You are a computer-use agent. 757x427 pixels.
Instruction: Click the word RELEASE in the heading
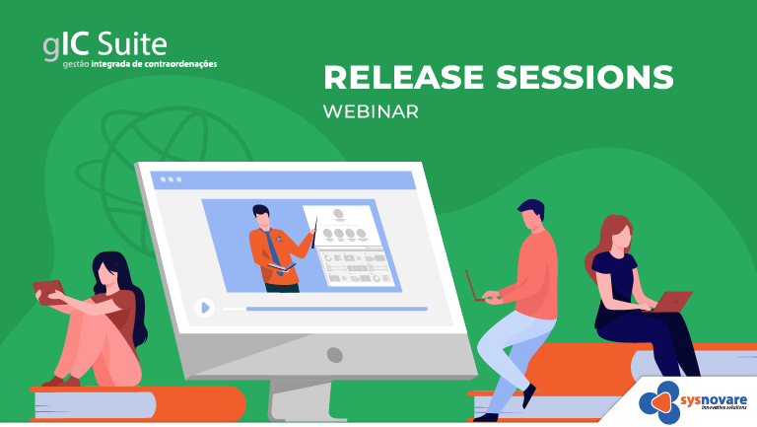[x=403, y=77]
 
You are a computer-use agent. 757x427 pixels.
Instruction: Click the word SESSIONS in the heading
[x=585, y=77]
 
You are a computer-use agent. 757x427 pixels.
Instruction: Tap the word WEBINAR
[x=371, y=111]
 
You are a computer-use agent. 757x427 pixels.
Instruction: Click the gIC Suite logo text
[x=105, y=46]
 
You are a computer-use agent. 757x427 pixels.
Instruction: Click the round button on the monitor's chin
[x=334, y=355]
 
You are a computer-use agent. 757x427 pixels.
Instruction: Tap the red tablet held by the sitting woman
[x=48, y=292]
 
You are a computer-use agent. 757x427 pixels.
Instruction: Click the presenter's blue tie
[x=274, y=251]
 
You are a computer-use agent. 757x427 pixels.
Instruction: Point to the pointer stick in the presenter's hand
[x=314, y=233]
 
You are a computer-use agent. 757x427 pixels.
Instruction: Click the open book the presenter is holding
[x=282, y=266]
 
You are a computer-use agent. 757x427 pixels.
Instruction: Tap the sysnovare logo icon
[x=659, y=402]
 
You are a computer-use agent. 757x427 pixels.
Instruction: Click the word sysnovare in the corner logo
[x=714, y=400]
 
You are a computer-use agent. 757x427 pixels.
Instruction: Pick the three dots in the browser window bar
[x=171, y=179]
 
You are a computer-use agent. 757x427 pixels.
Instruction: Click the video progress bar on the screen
[x=324, y=309]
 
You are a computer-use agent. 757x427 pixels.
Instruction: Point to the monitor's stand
[x=302, y=400]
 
